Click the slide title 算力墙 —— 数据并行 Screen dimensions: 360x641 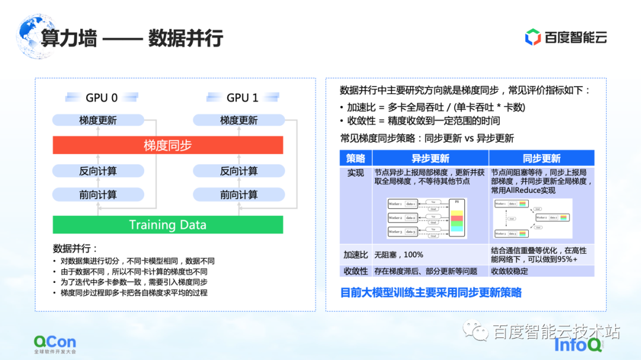coord(132,38)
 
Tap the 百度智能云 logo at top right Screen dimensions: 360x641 coord(566,37)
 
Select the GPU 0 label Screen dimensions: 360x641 coord(101,97)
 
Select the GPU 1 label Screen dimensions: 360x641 coord(242,97)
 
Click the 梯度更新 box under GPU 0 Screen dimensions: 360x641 coord(98,120)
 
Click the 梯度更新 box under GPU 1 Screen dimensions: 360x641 coord(239,120)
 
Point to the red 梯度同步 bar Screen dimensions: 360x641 coord(168,145)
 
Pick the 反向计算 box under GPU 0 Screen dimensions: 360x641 coord(98,171)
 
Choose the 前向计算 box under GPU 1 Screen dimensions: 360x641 coord(239,195)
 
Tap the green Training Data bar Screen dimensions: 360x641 coord(168,225)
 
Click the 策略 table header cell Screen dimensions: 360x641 coord(356,158)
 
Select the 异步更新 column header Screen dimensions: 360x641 coord(430,158)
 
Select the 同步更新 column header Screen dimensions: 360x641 coord(541,158)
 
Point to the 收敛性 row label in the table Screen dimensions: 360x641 coord(356,271)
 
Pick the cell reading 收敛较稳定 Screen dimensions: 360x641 coord(509,271)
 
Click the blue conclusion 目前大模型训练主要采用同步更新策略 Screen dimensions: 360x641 coord(431,292)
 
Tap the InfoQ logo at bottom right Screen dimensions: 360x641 coord(578,345)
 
